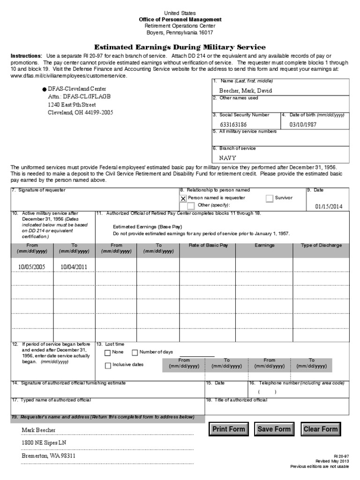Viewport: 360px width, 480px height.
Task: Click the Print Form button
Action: [x=229, y=429]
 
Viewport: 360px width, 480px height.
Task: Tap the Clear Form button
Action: [x=321, y=429]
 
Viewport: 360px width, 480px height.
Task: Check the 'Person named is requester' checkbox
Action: [x=183, y=198]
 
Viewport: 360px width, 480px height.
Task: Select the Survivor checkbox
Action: [x=269, y=198]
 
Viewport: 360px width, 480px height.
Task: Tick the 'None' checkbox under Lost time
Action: [x=108, y=352]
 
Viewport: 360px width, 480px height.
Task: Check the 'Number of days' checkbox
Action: [x=135, y=352]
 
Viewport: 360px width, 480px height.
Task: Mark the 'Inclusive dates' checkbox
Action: [x=108, y=365]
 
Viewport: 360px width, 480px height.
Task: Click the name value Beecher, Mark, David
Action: [x=245, y=90]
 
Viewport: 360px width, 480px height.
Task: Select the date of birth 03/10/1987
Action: [x=303, y=125]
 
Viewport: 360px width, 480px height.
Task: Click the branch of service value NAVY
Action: [x=228, y=158]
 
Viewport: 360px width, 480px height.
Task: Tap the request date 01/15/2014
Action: [x=329, y=206]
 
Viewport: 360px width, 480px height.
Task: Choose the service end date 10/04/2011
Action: [x=74, y=267]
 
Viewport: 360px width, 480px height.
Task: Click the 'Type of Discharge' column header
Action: [x=321, y=246]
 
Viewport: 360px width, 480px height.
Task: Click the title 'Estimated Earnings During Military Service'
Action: [x=180, y=47]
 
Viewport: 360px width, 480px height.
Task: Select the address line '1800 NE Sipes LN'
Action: [x=44, y=442]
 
